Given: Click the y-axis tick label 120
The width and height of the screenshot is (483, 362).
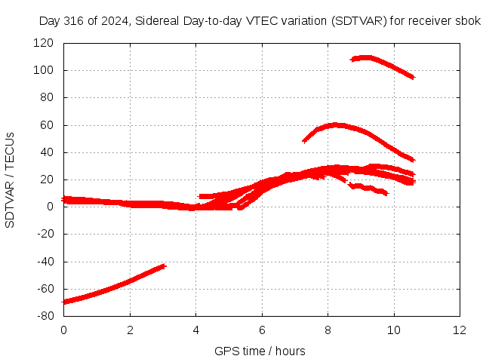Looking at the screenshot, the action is click(44, 43).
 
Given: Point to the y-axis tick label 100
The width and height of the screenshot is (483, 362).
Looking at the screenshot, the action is click(44, 70).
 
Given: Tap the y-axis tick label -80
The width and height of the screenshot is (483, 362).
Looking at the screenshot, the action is click(45, 316).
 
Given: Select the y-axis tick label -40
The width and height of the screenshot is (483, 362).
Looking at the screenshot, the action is click(45, 262).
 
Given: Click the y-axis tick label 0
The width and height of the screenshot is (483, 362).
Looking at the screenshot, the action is click(51, 207).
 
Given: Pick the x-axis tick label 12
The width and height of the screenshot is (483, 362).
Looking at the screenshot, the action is click(460, 330).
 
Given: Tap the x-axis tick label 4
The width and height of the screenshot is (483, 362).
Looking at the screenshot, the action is click(196, 330).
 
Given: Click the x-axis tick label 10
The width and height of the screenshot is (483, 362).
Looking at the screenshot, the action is click(394, 330).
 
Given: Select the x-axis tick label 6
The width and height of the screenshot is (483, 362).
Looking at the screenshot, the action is click(262, 330).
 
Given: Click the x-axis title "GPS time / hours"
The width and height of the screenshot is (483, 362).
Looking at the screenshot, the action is click(260, 351).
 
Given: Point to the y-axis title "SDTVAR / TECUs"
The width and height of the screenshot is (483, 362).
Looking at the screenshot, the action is click(10, 180).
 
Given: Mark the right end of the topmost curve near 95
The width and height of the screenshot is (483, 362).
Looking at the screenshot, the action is click(414, 77).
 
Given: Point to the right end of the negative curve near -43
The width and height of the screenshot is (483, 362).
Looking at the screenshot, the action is click(165, 266).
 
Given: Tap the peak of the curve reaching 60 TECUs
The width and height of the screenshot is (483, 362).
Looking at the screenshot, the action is click(334, 125).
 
